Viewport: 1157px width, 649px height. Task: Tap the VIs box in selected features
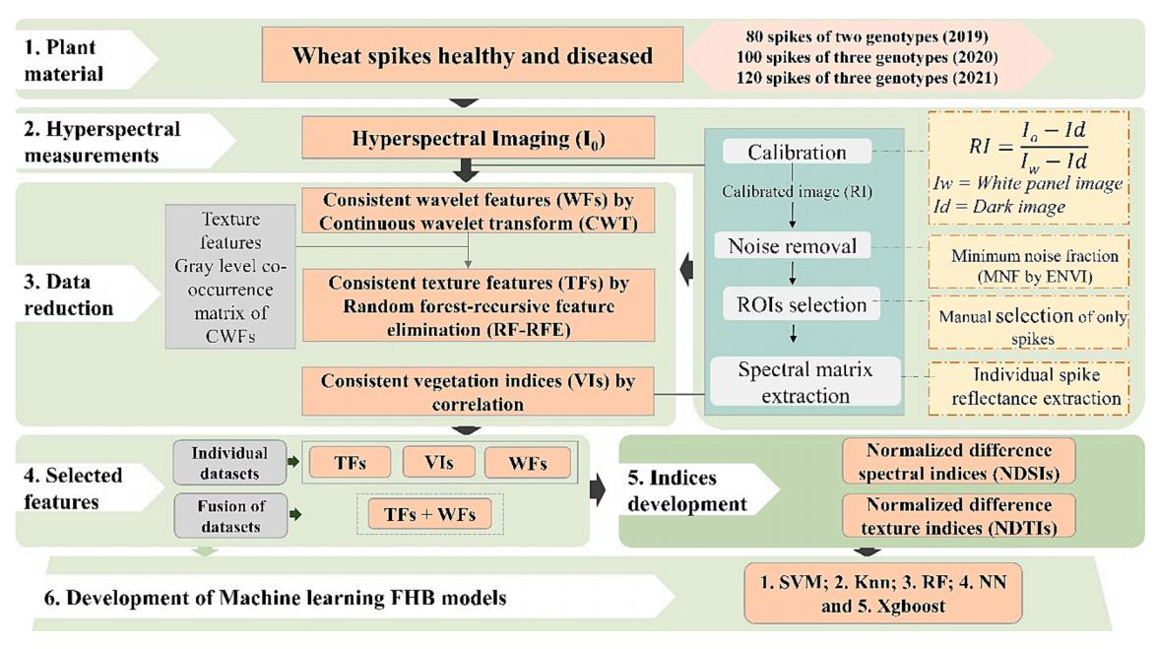point(437,462)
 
